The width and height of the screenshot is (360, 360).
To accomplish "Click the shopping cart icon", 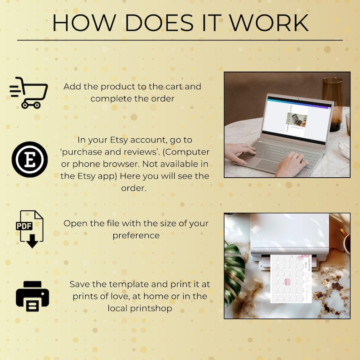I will click(29, 92).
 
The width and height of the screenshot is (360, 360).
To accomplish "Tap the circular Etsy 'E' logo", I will click(29, 159).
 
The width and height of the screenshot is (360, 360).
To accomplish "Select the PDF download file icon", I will click(30, 229).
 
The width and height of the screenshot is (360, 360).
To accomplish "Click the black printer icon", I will click(32, 296).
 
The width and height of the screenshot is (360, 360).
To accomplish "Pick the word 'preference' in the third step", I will click(136, 235).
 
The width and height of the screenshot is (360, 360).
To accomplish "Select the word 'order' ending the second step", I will click(134, 188).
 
